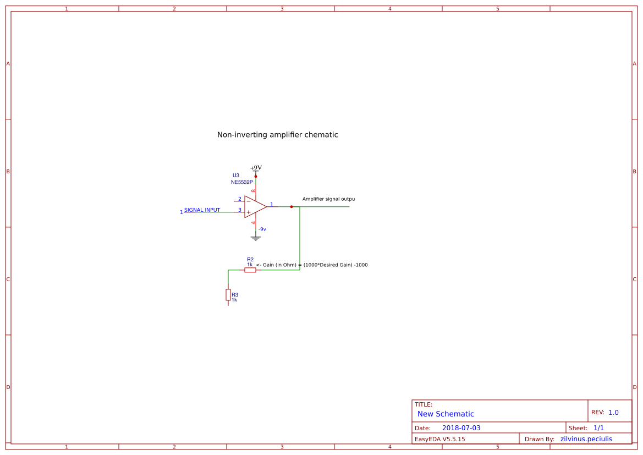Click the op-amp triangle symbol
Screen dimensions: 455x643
point(255,207)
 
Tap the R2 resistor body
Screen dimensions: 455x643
point(250,270)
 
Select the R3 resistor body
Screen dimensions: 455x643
point(228,295)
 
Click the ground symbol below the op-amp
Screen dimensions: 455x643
point(256,238)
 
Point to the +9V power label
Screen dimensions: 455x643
point(256,168)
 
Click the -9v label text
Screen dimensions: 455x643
point(262,229)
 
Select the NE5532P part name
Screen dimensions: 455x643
point(242,182)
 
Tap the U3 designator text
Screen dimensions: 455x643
point(236,176)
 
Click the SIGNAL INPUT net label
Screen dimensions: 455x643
point(202,210)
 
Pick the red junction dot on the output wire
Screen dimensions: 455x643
point(292,207)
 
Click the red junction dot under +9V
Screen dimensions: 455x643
point(256,177)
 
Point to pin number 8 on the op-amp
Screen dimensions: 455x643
point(254,191)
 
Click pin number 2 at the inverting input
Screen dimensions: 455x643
point(240,199)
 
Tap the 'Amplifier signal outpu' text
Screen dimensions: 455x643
point(328,199)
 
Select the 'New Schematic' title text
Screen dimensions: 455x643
point(446,414)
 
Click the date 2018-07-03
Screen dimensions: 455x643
point(461,428)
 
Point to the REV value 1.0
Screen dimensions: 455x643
point(613,412)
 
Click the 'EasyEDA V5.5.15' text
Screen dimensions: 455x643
point(440,439)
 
